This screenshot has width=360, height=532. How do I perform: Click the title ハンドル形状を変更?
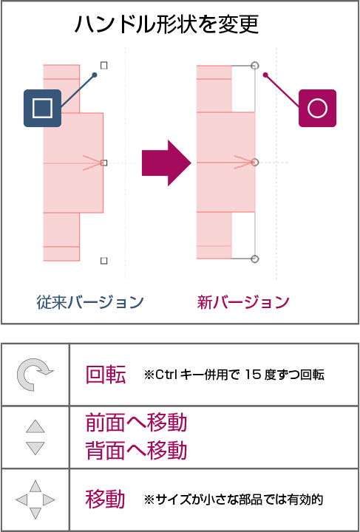click(x=166, y=24)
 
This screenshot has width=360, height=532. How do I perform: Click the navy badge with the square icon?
click(x=42, y=108)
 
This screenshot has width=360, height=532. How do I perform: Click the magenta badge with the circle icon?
click(x=317, y=108)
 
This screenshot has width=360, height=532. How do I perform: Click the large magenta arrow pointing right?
click(x=166, y=163)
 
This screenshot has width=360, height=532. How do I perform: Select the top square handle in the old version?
click(x=104, y=66)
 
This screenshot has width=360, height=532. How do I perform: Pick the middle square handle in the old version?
click(x=104, y=163)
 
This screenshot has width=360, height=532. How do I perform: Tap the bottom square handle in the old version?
click(x=104, y=261)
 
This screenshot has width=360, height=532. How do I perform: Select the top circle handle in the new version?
click(x=255, y=66)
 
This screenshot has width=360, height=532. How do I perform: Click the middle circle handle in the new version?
click(x=255, y=163)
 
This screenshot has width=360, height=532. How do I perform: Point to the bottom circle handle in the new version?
click(x=255, y=259)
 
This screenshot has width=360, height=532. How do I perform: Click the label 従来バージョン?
click(x=90, y=302)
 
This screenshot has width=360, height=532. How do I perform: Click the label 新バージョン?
click(x=243, y=302)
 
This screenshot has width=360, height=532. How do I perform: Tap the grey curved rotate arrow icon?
click(x=35, y=374)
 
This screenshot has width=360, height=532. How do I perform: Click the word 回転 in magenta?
click(x=106, y=375)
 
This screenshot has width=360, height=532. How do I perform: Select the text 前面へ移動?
click(x=136, y=423)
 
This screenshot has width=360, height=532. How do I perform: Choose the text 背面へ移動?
click(x=136, y=451)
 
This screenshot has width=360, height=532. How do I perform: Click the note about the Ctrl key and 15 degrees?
click(x=234, y=375)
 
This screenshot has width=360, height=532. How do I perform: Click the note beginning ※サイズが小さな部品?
click(x=233, y=499)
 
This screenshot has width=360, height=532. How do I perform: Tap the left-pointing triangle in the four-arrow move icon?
click(x=21, y=499)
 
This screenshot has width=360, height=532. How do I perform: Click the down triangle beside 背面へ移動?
click(x=35, y=449)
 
